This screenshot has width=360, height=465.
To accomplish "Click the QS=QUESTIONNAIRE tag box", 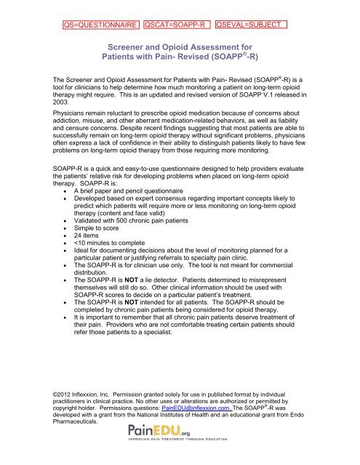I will [100, 25].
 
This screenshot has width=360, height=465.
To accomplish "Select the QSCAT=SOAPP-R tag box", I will [177, 25].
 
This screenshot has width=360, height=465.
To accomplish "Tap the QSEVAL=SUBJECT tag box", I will [252, 25].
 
